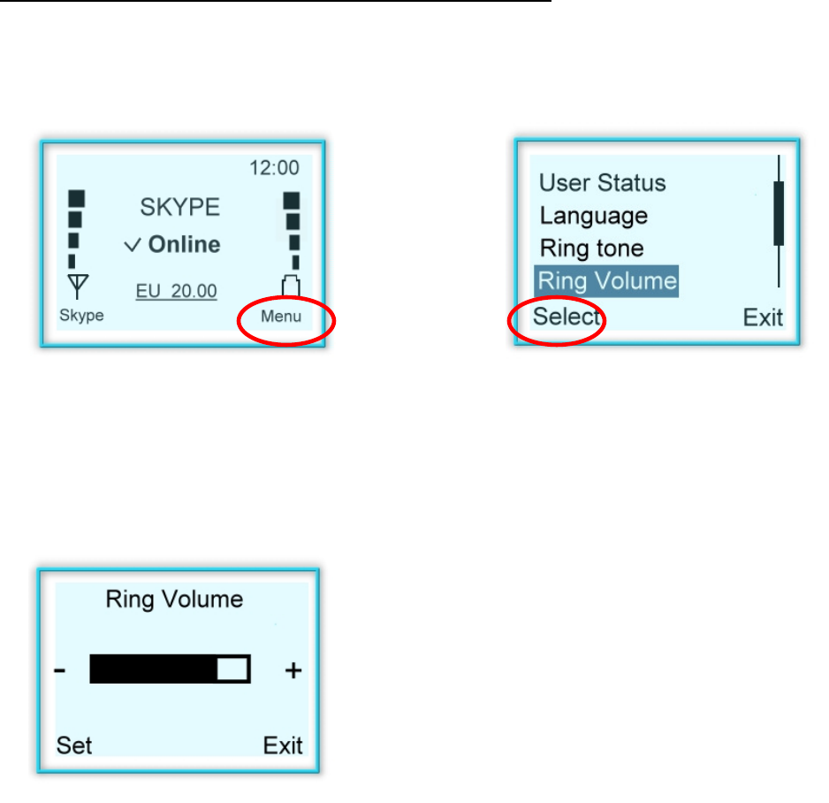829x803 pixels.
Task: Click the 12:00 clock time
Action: click(x=275, y=167)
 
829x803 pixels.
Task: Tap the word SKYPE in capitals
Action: click(x=180, y=208)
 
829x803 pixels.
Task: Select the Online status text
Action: click(x=184, y=245)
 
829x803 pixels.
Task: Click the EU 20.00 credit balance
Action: click(x=176, y=291)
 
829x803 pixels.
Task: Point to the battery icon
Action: click(x=292, y=287)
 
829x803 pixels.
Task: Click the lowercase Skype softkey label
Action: click(x=81, y=316)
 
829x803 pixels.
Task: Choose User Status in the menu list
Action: click(x=602, y=183)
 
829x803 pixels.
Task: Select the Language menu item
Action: click(x=593, y=216)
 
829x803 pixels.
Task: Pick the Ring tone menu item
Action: click(x=591, y=249)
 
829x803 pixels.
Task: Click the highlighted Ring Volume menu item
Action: click(x=607, y=281)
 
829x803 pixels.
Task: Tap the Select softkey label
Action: click(x=567, y=317)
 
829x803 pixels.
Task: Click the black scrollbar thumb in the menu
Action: click(x=779, y=213)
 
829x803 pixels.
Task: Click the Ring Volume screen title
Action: click(x=174, y=600)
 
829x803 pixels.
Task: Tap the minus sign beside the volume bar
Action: click(x=59, y=671)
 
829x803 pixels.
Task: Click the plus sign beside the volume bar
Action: click(x=293, y=671)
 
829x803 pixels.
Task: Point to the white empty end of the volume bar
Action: click(x=232, y=669)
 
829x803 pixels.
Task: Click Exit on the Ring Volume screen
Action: click(x=283, y=746)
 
